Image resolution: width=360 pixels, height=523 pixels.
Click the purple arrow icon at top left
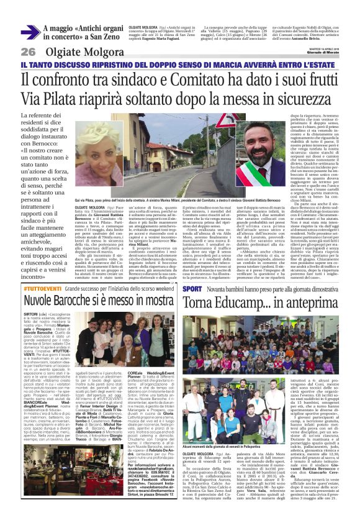(30, 33)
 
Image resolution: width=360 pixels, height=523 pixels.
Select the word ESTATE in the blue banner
(327, 65)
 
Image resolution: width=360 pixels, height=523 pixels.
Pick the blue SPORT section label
(192, 289)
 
